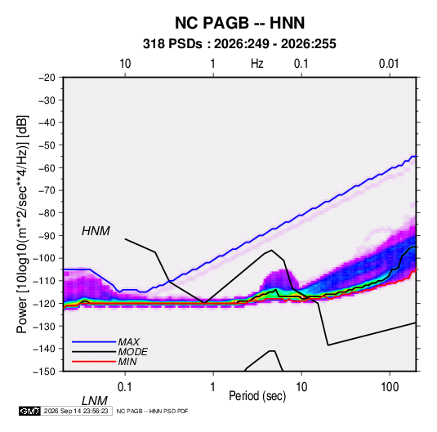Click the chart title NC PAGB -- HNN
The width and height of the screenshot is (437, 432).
click(239, 23)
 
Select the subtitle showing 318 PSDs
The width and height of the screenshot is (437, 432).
click(239, 44)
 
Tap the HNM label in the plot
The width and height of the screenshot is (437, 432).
click(96, 231)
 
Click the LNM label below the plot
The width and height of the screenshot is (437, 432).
click(94, 401)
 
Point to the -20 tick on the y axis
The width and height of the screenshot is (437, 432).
click(47, 78)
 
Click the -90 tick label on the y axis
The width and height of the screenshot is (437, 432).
click(47, 235)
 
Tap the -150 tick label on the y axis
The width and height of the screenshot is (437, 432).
click(45, 372)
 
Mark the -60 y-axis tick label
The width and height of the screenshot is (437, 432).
click(47, 167)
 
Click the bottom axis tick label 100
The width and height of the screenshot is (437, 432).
click(390, 386)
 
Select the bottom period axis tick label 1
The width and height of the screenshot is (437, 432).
click(213, 386)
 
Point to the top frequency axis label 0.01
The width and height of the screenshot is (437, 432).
click(389, 64)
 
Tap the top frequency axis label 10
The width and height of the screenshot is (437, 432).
click(125, 64)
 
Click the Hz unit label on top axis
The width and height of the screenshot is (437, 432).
click(257, 64)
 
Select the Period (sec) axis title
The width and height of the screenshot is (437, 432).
click(257, 396)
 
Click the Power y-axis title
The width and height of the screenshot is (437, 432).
click(22, 225)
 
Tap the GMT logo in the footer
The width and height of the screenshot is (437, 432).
click(30, 411)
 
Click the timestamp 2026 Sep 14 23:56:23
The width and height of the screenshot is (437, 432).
click(76, 411)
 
